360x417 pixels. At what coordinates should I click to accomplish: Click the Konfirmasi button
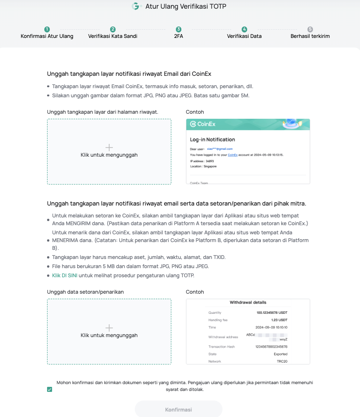coord(178,409)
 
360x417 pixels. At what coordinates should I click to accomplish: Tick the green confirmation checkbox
coord(49,390)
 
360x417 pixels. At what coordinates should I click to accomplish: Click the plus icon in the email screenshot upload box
coord(109,147)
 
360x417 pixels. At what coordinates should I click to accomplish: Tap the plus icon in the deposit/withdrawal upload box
coord(109,327)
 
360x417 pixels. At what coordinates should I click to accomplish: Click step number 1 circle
coord(47,29)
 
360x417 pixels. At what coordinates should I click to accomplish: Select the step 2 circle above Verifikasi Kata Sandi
coord(113,29)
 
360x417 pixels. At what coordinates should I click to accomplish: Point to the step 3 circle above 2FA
coord(178,29)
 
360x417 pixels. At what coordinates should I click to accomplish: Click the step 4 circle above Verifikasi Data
coord(244,29)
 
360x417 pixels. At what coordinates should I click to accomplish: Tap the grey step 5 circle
coord(310,29)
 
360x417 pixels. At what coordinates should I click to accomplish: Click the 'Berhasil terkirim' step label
coord(310,36)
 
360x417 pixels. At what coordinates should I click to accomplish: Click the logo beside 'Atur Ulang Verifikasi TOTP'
coord(136,6)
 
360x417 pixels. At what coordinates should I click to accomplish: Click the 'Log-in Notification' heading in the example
coord(212,139)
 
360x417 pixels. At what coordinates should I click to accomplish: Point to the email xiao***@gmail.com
coord(220,149)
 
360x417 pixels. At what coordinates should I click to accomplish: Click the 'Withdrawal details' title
coord(248,302)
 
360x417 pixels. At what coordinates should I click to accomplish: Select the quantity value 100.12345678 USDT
coord(272,313)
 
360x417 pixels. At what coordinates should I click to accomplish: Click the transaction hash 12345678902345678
coord(271,347)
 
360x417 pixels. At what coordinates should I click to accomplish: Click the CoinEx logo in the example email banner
coord(203,124)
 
